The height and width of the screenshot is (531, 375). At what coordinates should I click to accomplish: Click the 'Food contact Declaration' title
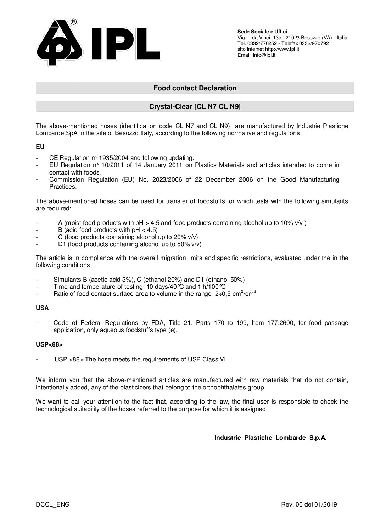[195, 88]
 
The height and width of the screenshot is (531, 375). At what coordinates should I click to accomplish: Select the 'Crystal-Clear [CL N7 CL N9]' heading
[195, 106]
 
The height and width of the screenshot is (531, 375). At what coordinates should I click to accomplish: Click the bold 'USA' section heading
[42, 308]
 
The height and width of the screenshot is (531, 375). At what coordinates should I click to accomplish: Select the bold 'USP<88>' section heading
[49, 344]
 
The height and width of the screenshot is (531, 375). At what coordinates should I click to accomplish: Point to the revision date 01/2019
[325, 504]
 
